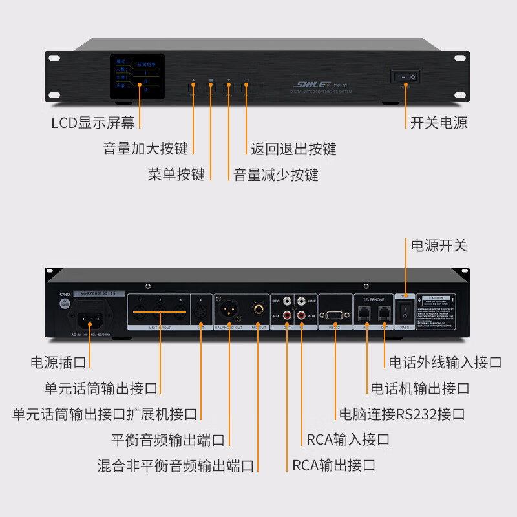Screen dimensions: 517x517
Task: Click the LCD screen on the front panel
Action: [137, 77]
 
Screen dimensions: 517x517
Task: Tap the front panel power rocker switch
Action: [405, 77]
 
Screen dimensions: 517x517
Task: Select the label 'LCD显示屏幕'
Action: [93, 123]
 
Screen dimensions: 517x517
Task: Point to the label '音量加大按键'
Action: [145, 149]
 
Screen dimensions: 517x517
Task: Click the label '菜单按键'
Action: [176, 174]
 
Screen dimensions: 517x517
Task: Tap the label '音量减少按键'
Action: [276, 174]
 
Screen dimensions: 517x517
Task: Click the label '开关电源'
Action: [439, 123]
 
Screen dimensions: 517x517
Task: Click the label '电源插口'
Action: [58, 363]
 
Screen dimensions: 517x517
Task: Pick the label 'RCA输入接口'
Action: [348, 440]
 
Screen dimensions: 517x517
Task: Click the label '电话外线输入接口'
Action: [445, 363]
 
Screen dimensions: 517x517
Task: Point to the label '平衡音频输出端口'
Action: [168, 440]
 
